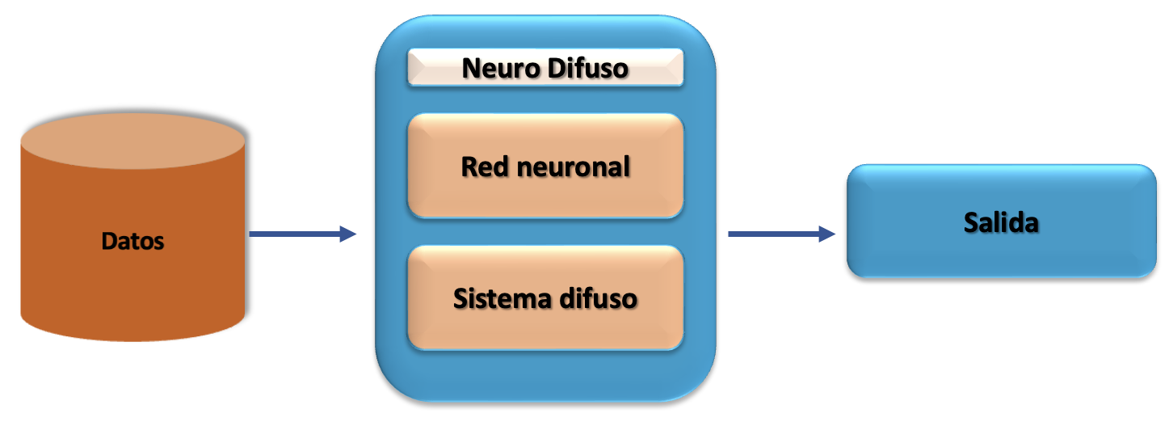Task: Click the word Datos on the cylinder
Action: (x=133, y=240)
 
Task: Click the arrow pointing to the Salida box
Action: (x=780, y=234)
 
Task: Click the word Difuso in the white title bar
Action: (x=586, y=69)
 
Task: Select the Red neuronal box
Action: (x=545, y=165)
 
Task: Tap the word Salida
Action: (x=1001, y=222)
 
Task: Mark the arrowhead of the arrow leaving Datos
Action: (x=348, y=234)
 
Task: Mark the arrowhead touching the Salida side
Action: (x=826, y=234)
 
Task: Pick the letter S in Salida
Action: (x=972, y=222)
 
